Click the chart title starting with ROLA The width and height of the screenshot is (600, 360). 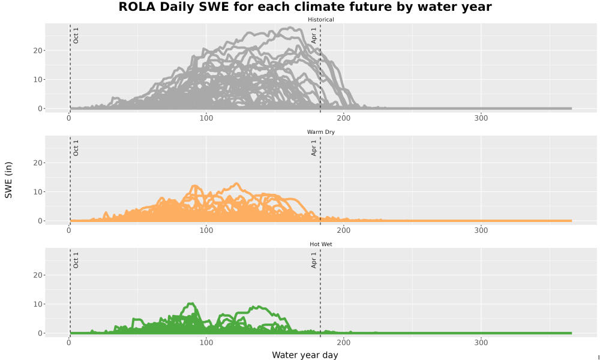305,7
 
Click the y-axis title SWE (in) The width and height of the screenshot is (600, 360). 8,180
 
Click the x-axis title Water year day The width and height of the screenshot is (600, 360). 305,355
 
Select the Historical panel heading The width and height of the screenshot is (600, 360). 320,20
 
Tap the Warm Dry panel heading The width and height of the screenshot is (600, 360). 320,132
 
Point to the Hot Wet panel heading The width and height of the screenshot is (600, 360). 320,244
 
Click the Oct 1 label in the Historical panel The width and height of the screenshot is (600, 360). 76,35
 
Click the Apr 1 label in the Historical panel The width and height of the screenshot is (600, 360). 314,35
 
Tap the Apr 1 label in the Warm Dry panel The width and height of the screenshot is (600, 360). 314,148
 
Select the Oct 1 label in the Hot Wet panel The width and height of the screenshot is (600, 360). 76,260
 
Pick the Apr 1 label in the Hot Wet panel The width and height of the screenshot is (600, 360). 314,260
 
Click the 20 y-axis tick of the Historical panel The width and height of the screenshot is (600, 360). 38,50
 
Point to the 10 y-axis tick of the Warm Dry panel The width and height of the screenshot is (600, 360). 38,191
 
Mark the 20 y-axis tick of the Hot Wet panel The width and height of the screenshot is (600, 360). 38,275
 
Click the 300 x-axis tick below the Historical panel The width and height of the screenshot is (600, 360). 481,118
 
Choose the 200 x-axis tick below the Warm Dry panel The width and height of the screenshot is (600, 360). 344,230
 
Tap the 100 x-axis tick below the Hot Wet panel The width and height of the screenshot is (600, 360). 206,343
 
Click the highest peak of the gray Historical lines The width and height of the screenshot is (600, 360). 290,28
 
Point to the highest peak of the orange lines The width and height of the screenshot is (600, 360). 237,184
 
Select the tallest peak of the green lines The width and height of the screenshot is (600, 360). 191,304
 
